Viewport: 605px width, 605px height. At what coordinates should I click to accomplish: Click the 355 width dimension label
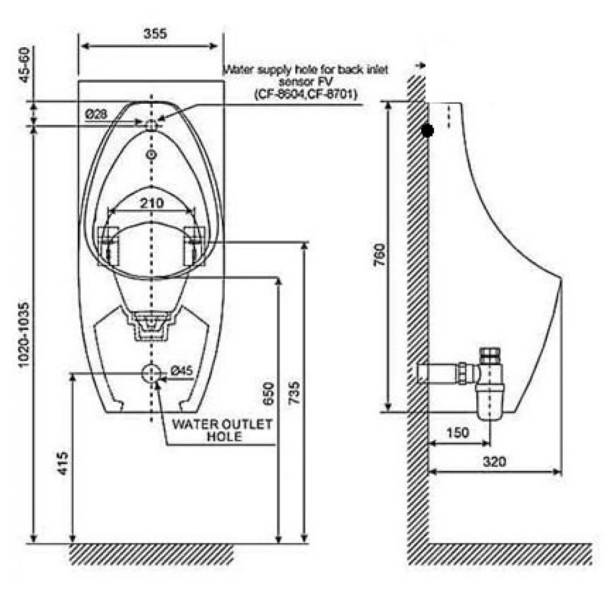155,33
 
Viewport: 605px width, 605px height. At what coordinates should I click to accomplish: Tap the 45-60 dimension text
25,64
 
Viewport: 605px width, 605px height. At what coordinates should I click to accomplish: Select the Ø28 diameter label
95,114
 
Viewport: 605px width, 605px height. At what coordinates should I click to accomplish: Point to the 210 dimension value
152,203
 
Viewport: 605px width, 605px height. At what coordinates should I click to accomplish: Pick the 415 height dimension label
63,462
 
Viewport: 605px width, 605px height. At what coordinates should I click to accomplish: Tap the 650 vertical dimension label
269,395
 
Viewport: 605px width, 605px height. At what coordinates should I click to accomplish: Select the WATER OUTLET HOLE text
223,431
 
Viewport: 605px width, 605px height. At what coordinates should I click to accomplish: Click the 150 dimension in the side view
457,432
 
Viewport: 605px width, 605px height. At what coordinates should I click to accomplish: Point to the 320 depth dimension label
494,461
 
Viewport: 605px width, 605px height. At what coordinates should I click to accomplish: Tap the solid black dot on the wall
427,130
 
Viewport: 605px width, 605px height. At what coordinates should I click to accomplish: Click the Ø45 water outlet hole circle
151,374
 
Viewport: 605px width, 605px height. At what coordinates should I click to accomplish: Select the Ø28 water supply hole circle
152,125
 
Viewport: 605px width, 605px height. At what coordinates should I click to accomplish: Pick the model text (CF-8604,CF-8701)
306,95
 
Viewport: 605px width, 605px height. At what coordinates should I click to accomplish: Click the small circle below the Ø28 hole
152,154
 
